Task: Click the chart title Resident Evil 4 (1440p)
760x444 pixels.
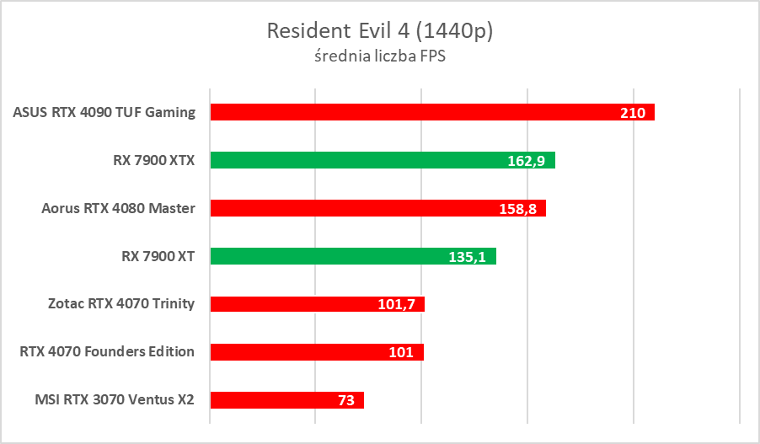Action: (379, 31)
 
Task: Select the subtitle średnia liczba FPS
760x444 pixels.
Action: (379, 59)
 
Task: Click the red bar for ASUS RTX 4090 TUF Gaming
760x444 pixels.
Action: (413, 112)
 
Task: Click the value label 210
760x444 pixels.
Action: (632, 113)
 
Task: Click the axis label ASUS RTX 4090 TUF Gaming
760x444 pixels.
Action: (104, 112)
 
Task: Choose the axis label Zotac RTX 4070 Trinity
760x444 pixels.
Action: (121, 304)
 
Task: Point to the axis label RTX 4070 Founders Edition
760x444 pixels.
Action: (107, 352)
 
